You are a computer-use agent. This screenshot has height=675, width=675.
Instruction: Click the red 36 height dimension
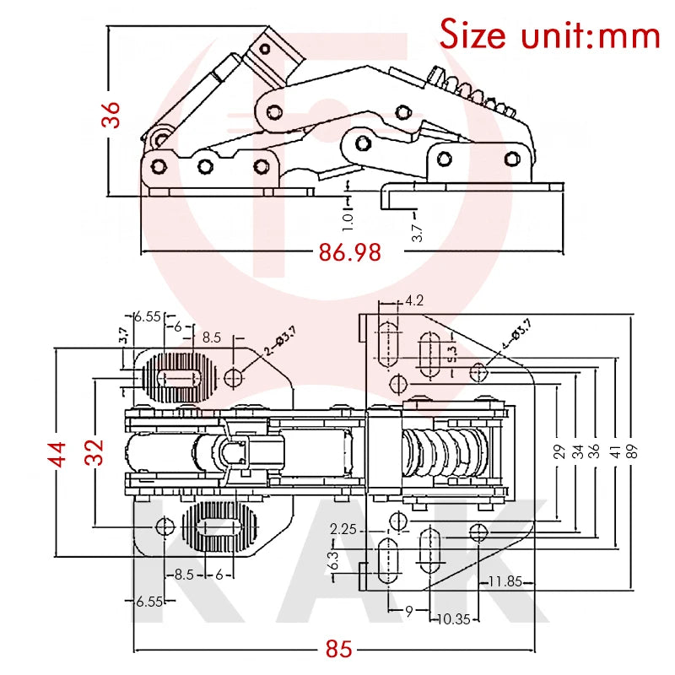click(x=112, y=114)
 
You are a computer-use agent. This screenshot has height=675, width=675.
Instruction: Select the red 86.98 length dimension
click(x=349, y=251)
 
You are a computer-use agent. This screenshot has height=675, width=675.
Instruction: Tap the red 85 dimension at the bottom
click(x=338, y=650)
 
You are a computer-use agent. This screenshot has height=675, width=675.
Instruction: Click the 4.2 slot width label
click(x=414, y=300)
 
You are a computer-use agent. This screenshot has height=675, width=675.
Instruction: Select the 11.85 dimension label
click(x=505, y=580)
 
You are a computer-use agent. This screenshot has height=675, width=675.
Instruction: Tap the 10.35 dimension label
click(x=454, y=618)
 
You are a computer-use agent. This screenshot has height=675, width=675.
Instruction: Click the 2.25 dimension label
click(x=343, y=529)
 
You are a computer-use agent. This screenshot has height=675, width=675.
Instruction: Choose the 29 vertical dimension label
click(x=558, y=450)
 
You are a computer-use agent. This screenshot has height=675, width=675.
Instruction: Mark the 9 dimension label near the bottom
click(x=408, y=611)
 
